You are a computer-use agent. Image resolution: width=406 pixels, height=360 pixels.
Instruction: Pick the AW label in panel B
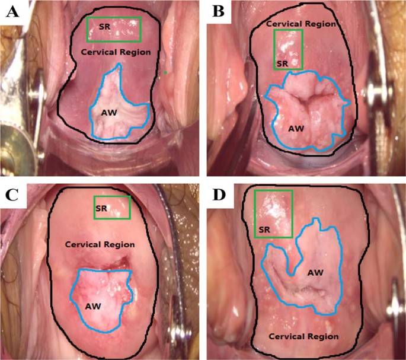(296, 128)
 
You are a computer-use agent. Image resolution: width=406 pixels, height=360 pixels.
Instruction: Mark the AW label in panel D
(315, 272)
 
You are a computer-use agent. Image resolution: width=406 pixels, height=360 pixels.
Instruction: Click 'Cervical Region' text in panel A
(116, 52)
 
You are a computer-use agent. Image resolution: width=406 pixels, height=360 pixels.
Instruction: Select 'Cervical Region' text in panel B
(302, 24)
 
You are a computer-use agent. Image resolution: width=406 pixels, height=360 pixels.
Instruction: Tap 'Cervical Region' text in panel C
(100, 244)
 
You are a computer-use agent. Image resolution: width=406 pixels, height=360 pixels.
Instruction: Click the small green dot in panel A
(167, 74)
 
